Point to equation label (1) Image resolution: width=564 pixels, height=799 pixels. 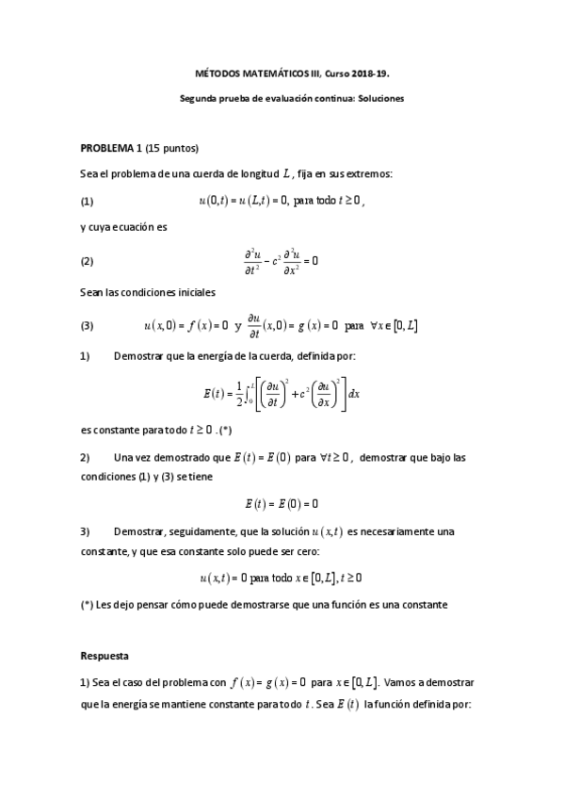pos(88,201)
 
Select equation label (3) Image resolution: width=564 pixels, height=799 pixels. pos(88,326)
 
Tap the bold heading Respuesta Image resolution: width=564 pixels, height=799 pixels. pos(105,654)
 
